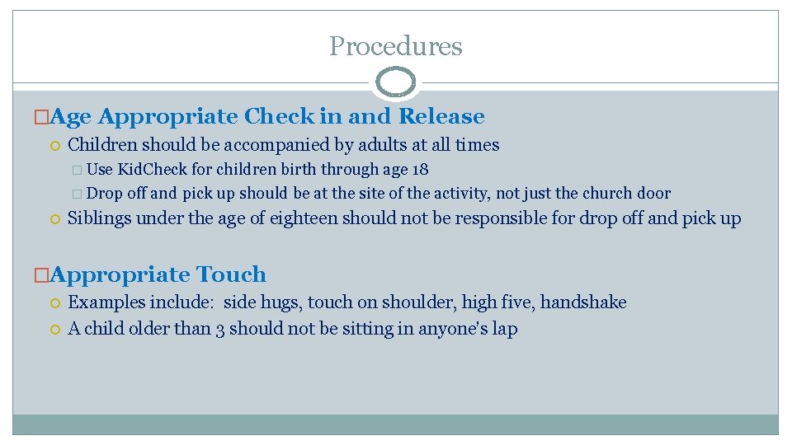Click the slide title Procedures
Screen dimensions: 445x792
(x=396, y=46)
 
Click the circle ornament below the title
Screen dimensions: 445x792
(x=396, y=82)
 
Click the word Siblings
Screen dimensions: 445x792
(x=100, y=218)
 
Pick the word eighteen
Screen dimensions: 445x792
(x=304, y=218)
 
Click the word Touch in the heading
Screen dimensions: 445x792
(x=229, y=274)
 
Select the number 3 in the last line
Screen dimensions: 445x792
(x=220, y=329)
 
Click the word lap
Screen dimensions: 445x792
(x=505, y=329)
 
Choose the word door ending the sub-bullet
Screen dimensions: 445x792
(x=657, y=194)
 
